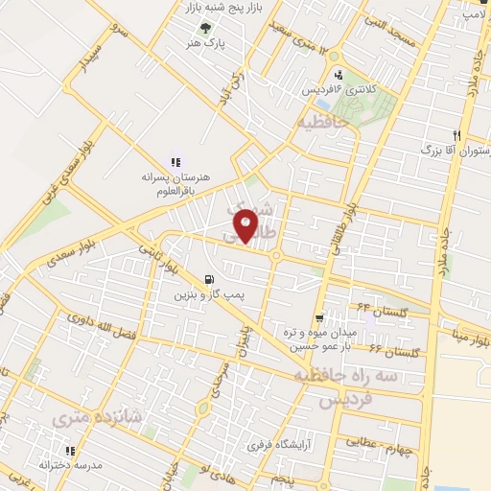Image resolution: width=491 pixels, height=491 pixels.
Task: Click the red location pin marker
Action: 246,225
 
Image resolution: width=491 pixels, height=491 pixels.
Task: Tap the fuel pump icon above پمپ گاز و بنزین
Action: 208,280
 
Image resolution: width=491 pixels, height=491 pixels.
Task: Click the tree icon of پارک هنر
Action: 202,27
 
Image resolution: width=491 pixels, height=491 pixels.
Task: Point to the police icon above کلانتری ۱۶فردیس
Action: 338,74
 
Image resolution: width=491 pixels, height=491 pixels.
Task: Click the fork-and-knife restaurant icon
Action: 458,134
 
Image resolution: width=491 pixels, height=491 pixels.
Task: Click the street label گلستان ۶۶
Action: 393,352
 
